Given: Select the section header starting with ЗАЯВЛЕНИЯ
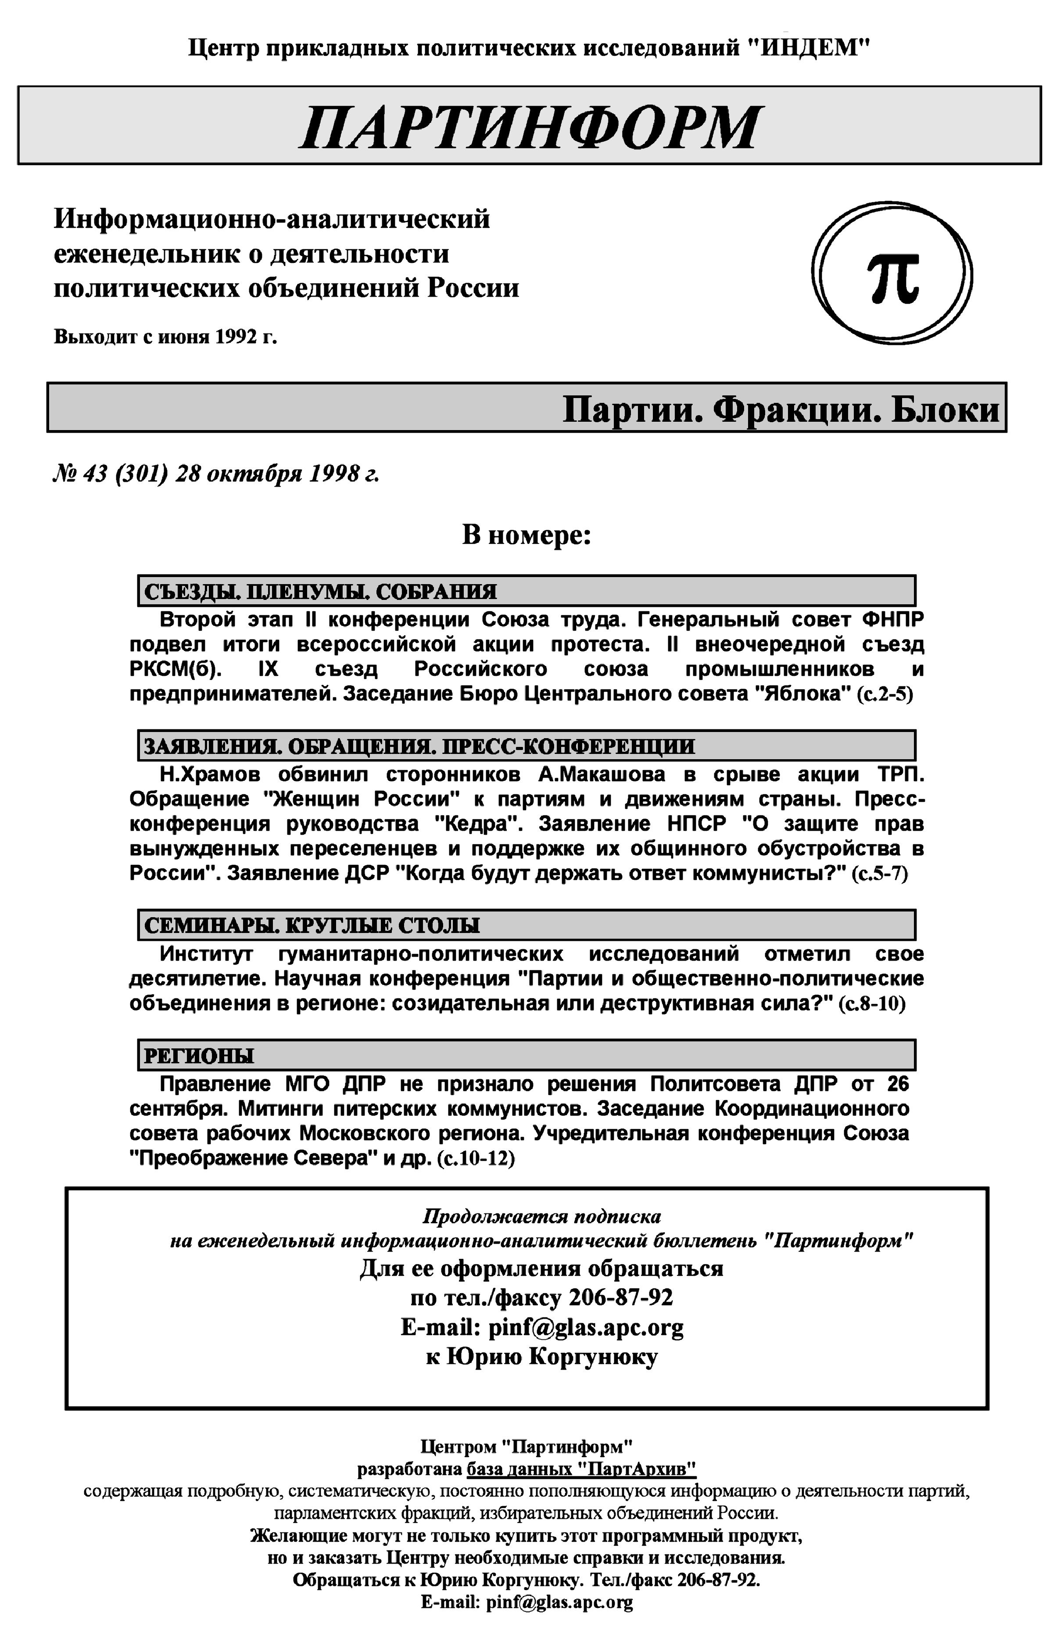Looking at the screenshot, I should tap(419, 746).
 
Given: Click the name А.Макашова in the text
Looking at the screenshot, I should tap(602, 775).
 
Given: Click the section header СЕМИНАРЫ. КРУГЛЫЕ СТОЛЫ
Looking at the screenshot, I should tap(312, 925).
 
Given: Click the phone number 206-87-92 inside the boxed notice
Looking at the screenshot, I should tap(620, 1297).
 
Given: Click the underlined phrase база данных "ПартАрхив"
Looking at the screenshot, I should tap(581, 1469).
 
